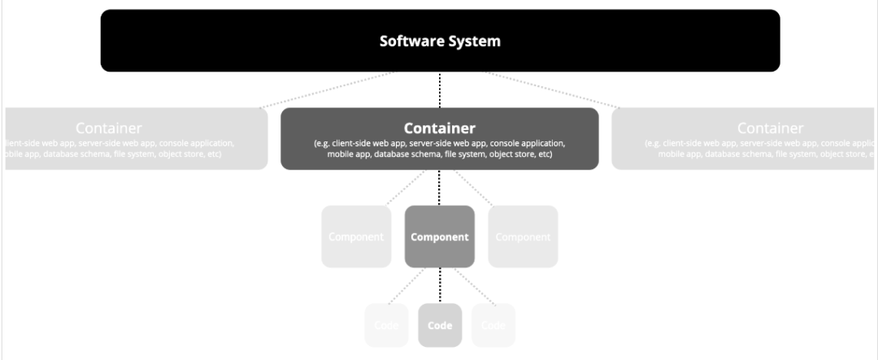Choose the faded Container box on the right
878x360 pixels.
coord(744,138)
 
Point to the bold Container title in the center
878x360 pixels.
coord(440,128)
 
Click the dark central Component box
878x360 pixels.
coord(440,237)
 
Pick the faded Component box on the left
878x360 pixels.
coord(355,237)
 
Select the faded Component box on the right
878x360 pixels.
coord(523,237)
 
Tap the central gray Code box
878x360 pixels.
coord(440,326)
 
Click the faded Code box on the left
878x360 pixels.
coord(387,326)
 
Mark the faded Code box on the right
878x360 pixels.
coord(493,326)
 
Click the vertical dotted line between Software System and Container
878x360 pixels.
coord(440,89)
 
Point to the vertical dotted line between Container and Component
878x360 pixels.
coord(440,188)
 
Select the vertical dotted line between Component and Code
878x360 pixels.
coord(440,285)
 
